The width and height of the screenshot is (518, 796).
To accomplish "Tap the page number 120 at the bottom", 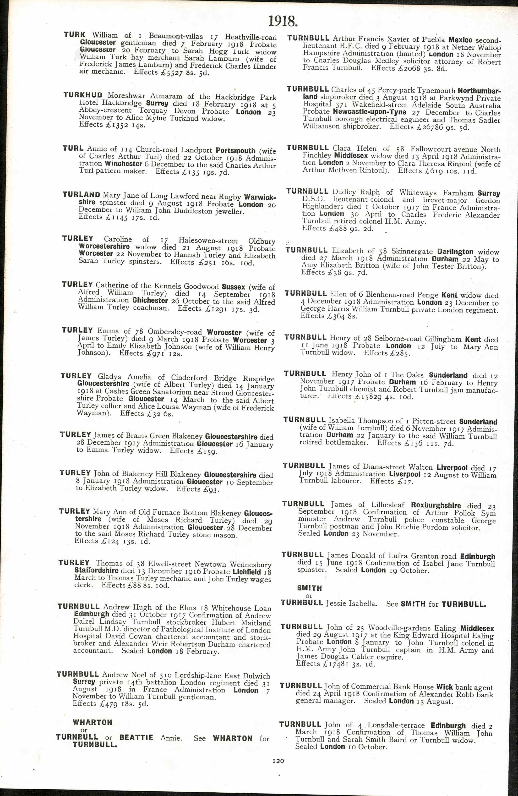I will point(278,761).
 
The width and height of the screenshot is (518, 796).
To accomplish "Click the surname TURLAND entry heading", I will point(81,195).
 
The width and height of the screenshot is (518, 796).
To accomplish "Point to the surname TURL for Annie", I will point(73,148).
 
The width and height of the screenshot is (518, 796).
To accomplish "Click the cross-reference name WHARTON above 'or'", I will point(92,722).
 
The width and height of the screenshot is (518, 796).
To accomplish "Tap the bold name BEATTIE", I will point(136,737).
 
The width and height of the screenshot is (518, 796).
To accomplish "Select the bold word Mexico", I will point(460,40).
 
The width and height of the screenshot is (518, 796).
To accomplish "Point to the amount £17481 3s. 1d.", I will point(343,664).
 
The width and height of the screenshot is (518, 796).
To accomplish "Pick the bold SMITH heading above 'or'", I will point(309,588).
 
